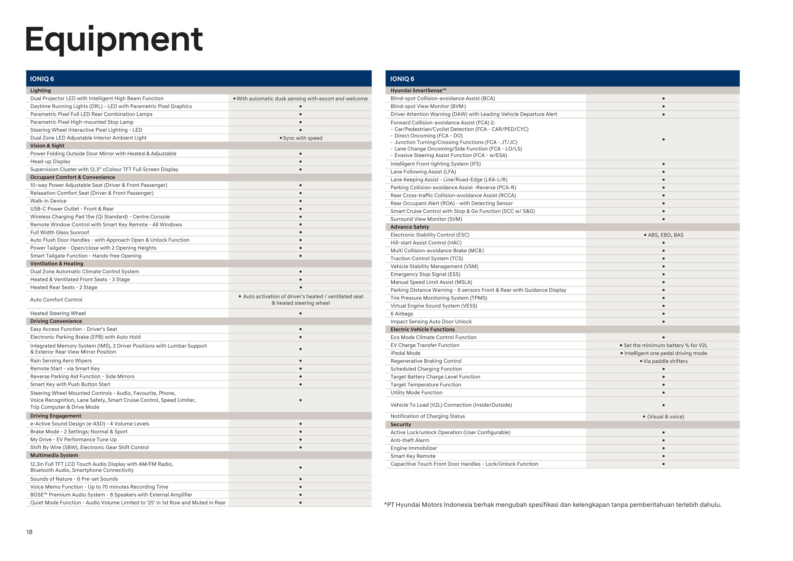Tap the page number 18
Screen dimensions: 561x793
click(29, 532)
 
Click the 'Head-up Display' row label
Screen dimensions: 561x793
click(51, 162)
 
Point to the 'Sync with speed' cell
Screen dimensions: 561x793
click(301, 138)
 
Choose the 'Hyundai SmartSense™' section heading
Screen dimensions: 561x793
click(418, 91)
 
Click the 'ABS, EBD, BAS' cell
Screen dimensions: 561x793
click(663, 235)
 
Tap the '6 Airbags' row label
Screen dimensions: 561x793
click(402, 314)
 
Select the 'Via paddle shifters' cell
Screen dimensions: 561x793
click(663, 361)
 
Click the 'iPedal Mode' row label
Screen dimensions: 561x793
click(405, 353)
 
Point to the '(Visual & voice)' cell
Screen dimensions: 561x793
click(663, 417)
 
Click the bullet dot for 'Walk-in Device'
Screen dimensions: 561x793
click(300, 201)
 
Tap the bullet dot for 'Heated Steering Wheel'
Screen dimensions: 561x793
click(300, 313)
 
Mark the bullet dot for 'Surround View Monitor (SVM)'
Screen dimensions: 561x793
click(663, 219)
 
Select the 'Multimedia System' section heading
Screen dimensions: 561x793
click(54, 455)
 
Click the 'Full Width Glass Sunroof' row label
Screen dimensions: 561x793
click(60, 232)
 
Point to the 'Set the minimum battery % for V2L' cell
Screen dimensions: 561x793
click(663, 345)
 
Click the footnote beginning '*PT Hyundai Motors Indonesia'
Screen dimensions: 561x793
click(553, 505)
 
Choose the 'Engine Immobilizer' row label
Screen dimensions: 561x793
click(414, 448)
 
